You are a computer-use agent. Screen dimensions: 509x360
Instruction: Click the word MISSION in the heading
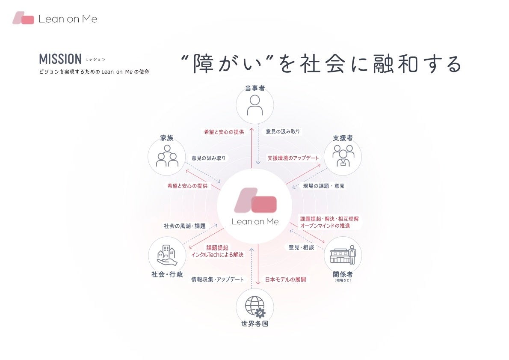pos(60,59)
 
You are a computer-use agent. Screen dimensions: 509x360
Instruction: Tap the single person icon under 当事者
pos(255,105)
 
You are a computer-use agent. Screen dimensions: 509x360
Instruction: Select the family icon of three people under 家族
pos(167,156)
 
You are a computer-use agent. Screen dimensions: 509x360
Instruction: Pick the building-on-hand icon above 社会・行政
pos(167,255)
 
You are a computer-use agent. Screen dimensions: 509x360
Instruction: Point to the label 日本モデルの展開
pos(285,280)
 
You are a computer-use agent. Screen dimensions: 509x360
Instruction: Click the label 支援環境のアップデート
pos(293,158)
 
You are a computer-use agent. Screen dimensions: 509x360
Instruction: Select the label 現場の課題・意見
pos(324,186)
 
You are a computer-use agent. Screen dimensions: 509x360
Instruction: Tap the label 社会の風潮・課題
pos(184,226)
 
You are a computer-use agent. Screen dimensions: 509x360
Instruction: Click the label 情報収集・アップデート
pos(218,280)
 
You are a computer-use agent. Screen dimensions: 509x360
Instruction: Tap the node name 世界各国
pos(255,324)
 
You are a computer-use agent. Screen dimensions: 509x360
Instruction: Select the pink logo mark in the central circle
pos(255,200)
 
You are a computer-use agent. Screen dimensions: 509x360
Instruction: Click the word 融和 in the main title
pos(378,64)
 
